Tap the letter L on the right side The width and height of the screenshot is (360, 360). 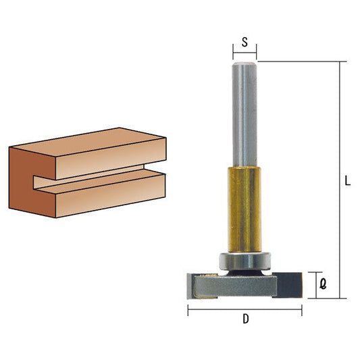[x=346, y=181]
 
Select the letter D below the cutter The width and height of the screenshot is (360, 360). [x=244, y=322]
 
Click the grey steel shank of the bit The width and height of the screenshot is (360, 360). [x=244, y=115]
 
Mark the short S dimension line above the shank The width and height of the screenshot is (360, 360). [x=245, y=52]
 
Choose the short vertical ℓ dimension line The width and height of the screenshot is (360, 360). [x=315, y=284]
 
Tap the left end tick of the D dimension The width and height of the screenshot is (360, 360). [x=188, y=310]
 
